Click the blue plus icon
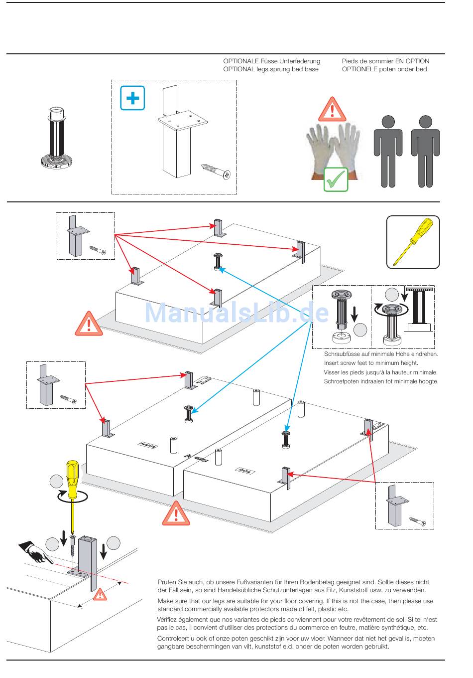(x=132, y=98)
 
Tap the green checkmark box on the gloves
(x=336, y=179)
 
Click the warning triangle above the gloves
(x=332, y=109)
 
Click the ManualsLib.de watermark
(x=236, y=313)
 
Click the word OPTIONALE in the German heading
(x=240, y=61)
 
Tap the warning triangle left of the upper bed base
(x=89, y=324)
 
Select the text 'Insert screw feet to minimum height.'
(x=371, y=363)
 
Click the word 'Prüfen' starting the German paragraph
(x=167, y=582)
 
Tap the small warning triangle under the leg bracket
(x=100, y=594)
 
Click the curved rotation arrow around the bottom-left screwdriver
(x=72, y=497)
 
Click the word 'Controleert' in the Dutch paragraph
(x=173, y=639)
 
